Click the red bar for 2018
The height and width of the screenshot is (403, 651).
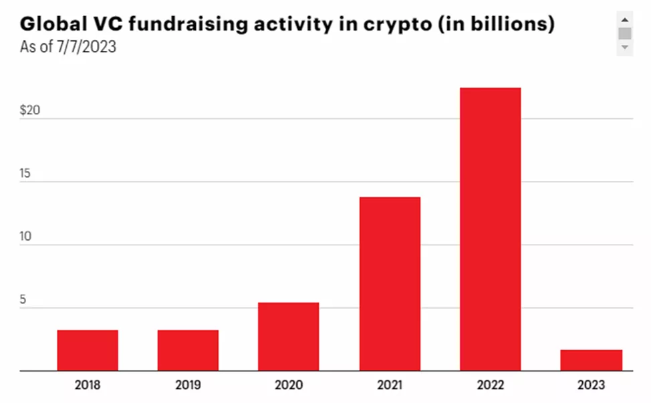88,350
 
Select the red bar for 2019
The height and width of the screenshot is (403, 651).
188,350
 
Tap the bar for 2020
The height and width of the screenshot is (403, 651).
289,337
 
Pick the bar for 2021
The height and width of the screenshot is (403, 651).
390,284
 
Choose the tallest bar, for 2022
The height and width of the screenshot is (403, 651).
490,229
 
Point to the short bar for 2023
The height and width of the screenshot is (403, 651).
591,360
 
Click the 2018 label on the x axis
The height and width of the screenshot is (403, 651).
88,385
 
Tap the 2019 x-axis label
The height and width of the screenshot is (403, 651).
188,385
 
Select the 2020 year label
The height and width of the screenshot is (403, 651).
289,385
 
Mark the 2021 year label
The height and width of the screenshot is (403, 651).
390,385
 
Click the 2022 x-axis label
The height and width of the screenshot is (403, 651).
490,385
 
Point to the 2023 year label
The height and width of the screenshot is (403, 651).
591,385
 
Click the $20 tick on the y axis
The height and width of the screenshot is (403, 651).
29,111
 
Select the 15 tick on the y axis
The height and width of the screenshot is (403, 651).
25,174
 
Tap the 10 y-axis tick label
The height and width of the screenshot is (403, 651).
25,237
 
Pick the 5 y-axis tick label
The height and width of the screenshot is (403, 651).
23,300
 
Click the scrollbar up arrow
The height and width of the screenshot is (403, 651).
625,20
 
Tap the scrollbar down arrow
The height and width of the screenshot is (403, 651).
625,47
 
